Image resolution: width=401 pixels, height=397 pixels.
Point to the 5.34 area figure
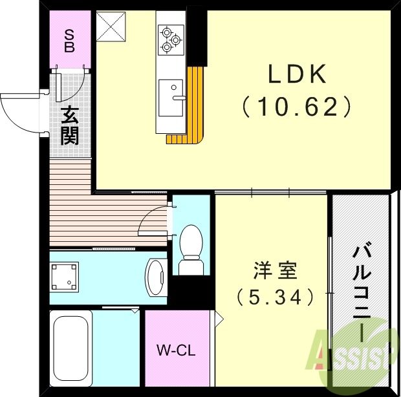click(274, 297)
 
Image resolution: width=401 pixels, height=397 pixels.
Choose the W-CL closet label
click(176, 352)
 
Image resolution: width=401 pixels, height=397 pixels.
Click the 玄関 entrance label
click(69, 126)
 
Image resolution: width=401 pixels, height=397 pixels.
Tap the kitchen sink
click(171, 97)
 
